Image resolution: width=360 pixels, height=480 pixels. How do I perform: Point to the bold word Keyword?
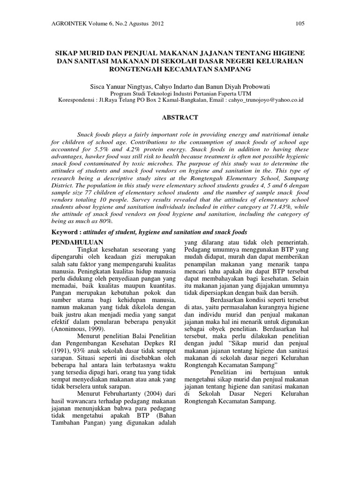pos(65,232)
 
